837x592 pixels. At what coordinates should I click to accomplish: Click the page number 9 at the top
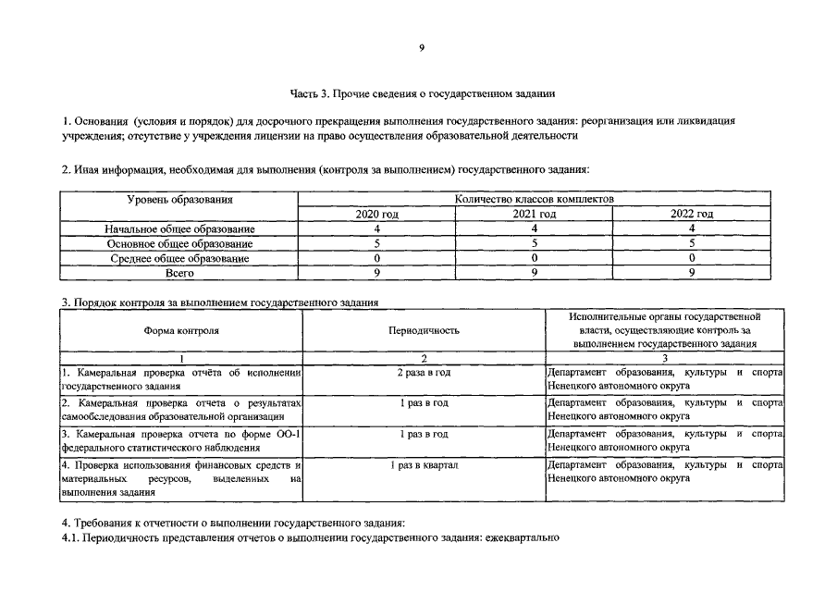421,49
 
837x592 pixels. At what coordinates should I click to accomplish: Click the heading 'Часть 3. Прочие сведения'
422,93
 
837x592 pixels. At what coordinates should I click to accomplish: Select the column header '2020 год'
376,215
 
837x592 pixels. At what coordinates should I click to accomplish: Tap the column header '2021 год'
534,215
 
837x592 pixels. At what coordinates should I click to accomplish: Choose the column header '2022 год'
691,215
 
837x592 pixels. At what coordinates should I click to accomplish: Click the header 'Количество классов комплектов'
534,199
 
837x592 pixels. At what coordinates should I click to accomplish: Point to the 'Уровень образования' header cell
179,199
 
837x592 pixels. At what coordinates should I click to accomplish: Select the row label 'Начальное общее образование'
179,229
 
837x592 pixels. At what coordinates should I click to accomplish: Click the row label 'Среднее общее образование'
179,259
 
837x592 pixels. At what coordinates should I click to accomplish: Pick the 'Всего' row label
179,274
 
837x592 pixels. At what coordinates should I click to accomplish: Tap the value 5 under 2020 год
376,244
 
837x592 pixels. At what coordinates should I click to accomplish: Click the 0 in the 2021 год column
534,259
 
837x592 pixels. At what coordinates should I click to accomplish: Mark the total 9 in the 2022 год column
691,274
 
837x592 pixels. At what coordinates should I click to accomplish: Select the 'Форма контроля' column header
182,330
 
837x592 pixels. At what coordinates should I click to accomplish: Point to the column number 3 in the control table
664,358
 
